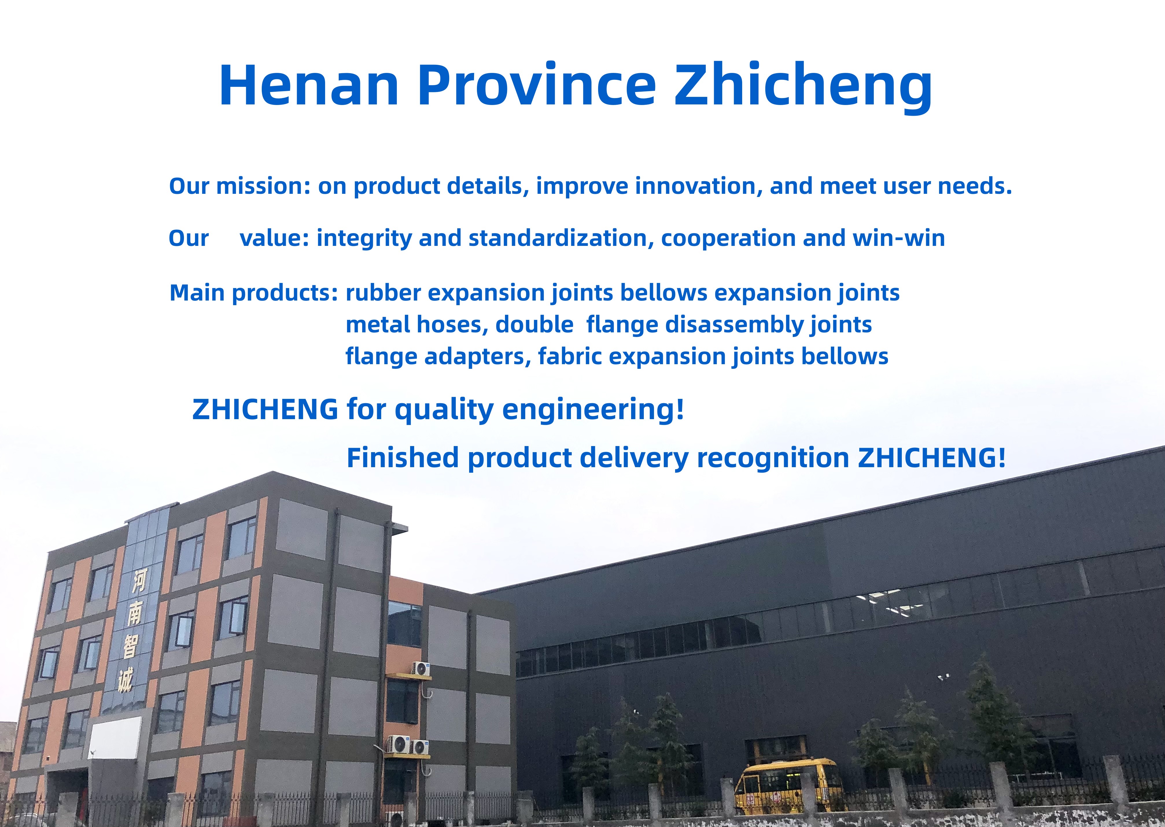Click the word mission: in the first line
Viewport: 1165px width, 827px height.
[x=263, y=186]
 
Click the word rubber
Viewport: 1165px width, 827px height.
[x=384, y=293]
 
